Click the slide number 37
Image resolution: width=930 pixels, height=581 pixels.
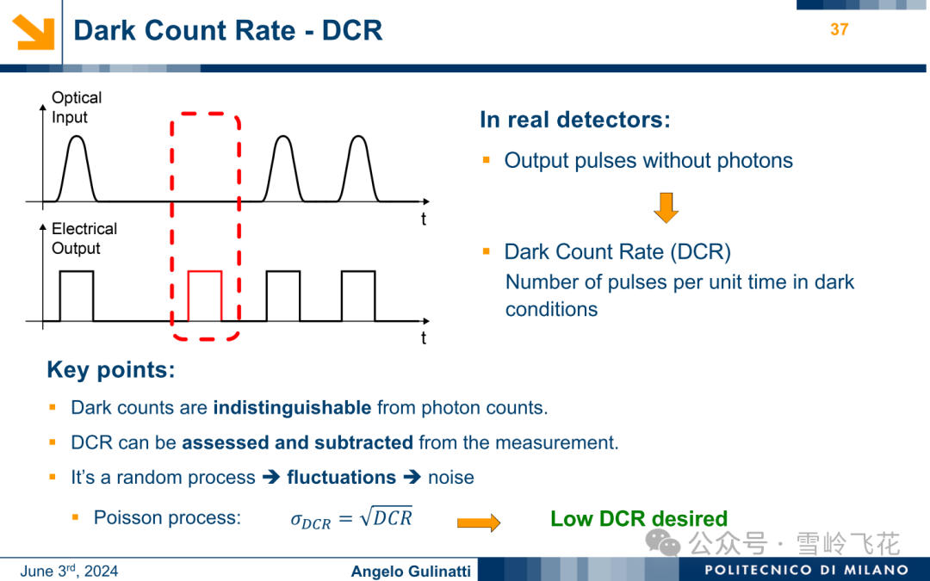tap(840, 29)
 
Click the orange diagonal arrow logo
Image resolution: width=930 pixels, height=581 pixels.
tap(34, 32)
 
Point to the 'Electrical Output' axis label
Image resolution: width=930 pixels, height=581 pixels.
tap(84, 238)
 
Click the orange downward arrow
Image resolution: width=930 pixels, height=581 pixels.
tap(666, 207)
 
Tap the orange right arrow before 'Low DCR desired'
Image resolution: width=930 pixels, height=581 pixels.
tap(479, 522)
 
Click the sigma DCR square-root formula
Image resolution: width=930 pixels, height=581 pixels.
tap(351, 519)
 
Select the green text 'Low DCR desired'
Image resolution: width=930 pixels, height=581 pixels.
tap(639, 519)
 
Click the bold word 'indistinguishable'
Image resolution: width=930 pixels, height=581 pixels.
tap(293, 408)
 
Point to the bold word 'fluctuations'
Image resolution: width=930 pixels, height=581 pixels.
tap(342, 477)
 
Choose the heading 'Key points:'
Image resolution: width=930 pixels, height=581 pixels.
tap(111, 370)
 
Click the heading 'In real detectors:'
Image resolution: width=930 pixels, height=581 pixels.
tap(574, 120)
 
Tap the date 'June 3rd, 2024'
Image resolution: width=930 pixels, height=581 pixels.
tap(69, 571)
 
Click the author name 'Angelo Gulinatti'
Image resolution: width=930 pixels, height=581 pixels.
tap(411, 572)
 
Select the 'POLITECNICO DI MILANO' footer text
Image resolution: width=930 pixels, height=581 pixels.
tap(807, 571)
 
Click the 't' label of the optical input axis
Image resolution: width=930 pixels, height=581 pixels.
tap(424, 219)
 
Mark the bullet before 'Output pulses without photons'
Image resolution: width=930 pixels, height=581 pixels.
tap(487, 159)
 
